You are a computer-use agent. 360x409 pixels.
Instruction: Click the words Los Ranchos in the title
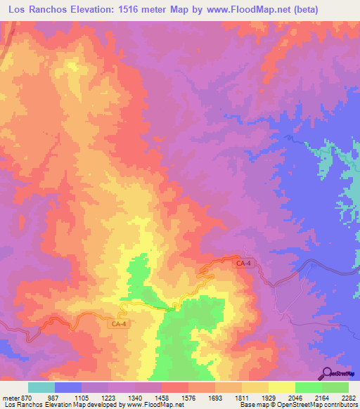coord(39,10)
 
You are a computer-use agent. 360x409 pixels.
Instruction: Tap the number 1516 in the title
coord(139,10)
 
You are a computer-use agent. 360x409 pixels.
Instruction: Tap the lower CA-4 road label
coord(120,324)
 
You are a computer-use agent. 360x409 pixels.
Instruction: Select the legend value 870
coord(27,398)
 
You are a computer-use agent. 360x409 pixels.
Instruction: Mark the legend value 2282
coord(347,398)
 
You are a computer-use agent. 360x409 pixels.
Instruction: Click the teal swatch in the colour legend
coord(41,387)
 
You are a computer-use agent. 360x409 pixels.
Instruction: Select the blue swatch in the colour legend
coord(68,387)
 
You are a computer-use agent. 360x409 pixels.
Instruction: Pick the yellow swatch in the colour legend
coord(281,387)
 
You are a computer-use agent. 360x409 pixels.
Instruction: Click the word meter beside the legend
coord(10,398)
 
